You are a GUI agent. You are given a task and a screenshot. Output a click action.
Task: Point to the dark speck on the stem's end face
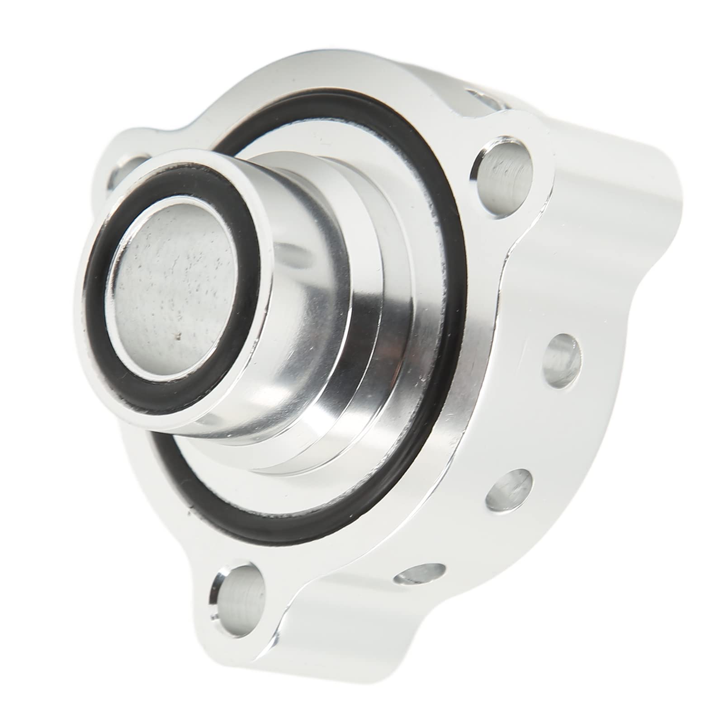tap(180, 336)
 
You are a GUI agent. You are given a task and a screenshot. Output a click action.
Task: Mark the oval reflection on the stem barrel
tap(294, 253)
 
